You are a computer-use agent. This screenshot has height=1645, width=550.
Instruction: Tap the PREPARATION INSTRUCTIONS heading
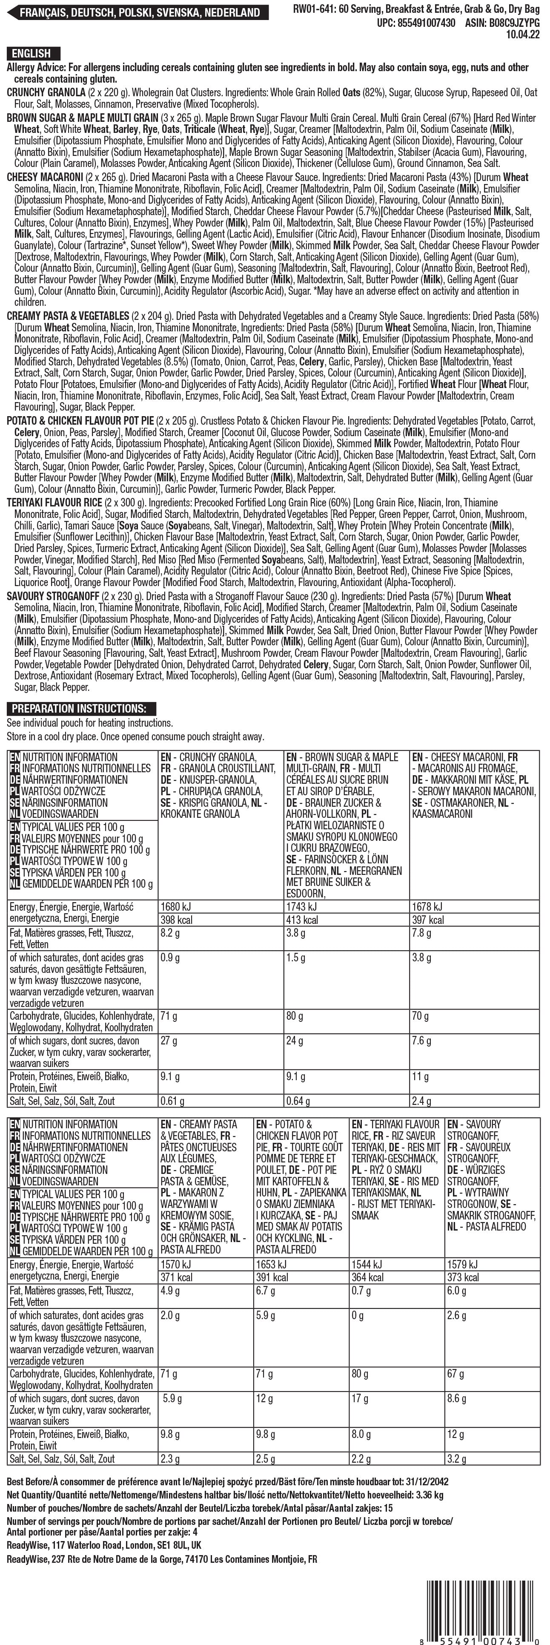(x=80, y=708)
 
